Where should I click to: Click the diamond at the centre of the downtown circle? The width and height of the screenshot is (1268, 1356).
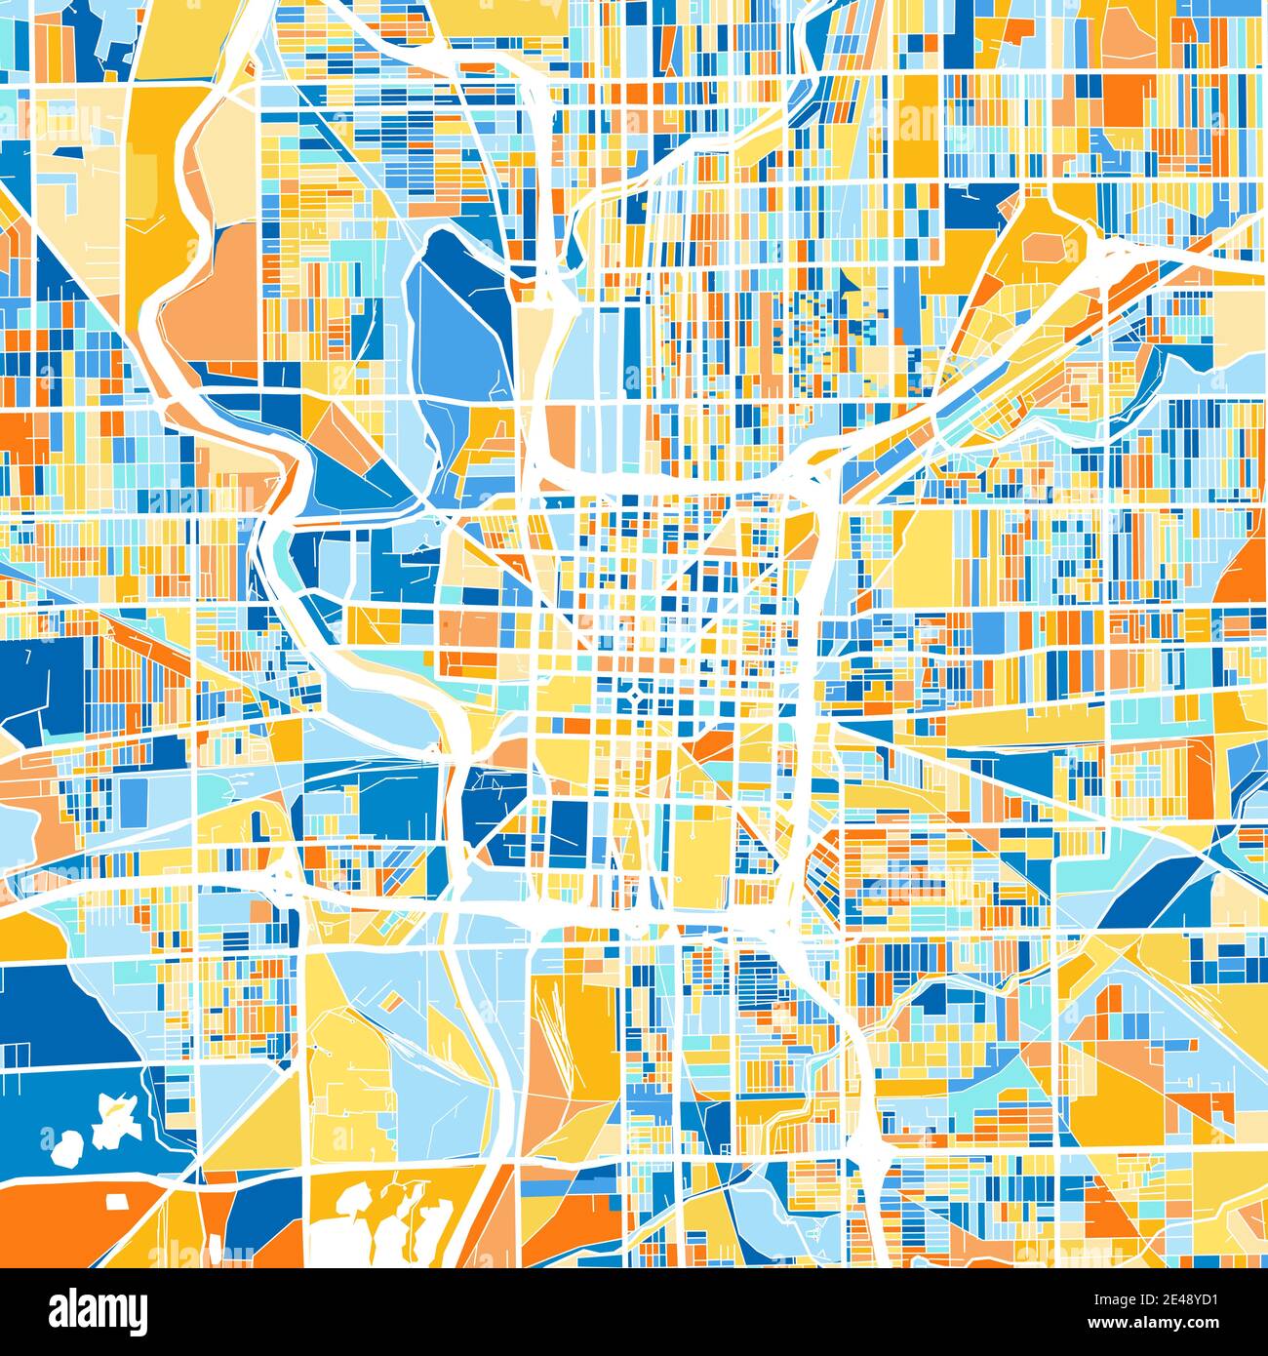635,695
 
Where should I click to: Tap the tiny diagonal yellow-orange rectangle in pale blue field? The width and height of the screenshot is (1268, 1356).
391,1002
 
